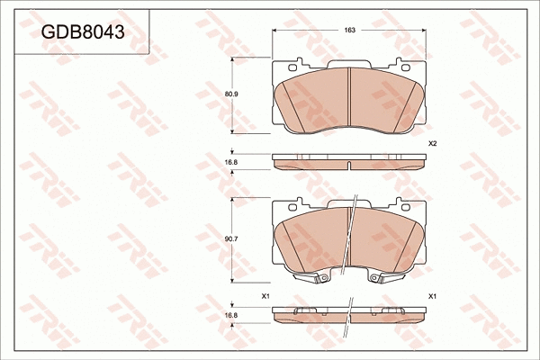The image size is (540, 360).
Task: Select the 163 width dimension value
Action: point(349,30)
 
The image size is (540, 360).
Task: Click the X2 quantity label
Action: point(432,144)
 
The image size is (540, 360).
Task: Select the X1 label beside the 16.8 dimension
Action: point(265,296)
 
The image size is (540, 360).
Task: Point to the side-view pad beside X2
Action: point(349,162)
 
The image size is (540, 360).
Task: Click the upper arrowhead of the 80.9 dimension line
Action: point(234,59)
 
